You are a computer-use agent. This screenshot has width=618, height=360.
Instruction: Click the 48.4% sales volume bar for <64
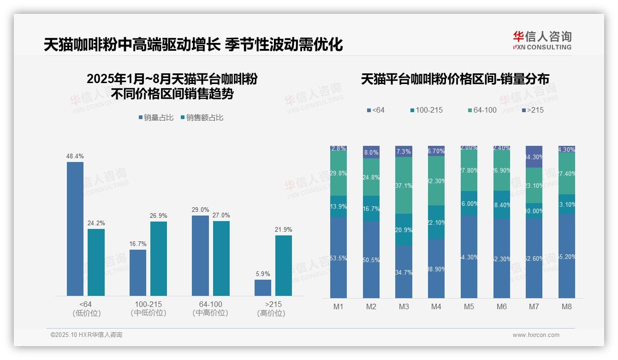[x=75, y=228]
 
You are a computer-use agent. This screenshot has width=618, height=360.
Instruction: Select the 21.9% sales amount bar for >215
[x=284, y=265]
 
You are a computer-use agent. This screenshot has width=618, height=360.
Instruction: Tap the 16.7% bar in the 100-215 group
[x=138, y=272]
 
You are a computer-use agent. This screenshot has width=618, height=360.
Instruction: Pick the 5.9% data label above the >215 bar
[x=263, y=274]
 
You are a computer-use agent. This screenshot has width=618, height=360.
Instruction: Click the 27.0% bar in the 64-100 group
[x=221, y=258]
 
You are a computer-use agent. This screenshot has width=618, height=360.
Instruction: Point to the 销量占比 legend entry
[x=156, y=118]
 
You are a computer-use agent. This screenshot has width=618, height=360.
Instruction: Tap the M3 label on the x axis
[x=404, y=306]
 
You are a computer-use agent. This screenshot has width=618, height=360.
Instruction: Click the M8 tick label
[x=567, y=306]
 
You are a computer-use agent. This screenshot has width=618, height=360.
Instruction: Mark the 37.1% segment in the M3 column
[x=404, y=185]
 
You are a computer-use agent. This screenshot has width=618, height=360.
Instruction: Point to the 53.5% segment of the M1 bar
[x=339, y=257]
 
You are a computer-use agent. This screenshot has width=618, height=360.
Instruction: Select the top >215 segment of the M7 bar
[x=534, y=156]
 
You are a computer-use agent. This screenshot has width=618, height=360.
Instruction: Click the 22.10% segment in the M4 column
[x=436, y=222]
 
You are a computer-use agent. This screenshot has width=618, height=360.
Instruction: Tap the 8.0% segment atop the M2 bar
[x=371, y=152]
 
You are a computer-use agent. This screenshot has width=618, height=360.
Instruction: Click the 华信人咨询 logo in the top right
[x=542, y=40]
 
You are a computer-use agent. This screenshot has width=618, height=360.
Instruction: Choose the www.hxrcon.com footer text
[x=536, y=335]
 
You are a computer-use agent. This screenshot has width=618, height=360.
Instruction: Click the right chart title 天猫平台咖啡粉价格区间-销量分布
[x=455, y=79]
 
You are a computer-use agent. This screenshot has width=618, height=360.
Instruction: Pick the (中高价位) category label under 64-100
[x=210, y=313]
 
